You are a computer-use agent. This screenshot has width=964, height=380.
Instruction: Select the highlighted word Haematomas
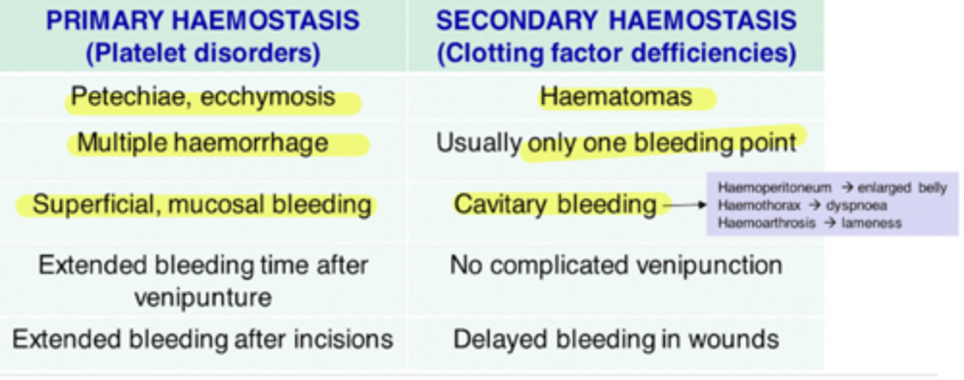point(616,97)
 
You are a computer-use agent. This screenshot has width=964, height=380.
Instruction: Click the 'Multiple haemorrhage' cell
point(203,143)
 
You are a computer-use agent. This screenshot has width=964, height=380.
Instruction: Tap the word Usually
point(478,143)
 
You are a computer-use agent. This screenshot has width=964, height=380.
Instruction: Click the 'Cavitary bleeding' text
point(555,204)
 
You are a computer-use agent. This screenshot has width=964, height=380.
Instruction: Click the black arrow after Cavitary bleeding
point(687,205)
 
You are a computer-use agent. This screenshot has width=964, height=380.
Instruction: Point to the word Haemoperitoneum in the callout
point(774,188)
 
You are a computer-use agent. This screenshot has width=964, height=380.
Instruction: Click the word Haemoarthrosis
point(767,223)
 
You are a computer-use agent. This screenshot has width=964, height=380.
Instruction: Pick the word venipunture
point(203,297)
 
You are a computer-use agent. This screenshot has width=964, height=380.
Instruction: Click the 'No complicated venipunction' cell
point(616,265)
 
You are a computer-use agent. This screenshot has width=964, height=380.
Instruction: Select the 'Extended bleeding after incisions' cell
point(203,339)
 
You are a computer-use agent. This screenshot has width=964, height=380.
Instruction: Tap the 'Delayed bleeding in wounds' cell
point(616,339)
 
